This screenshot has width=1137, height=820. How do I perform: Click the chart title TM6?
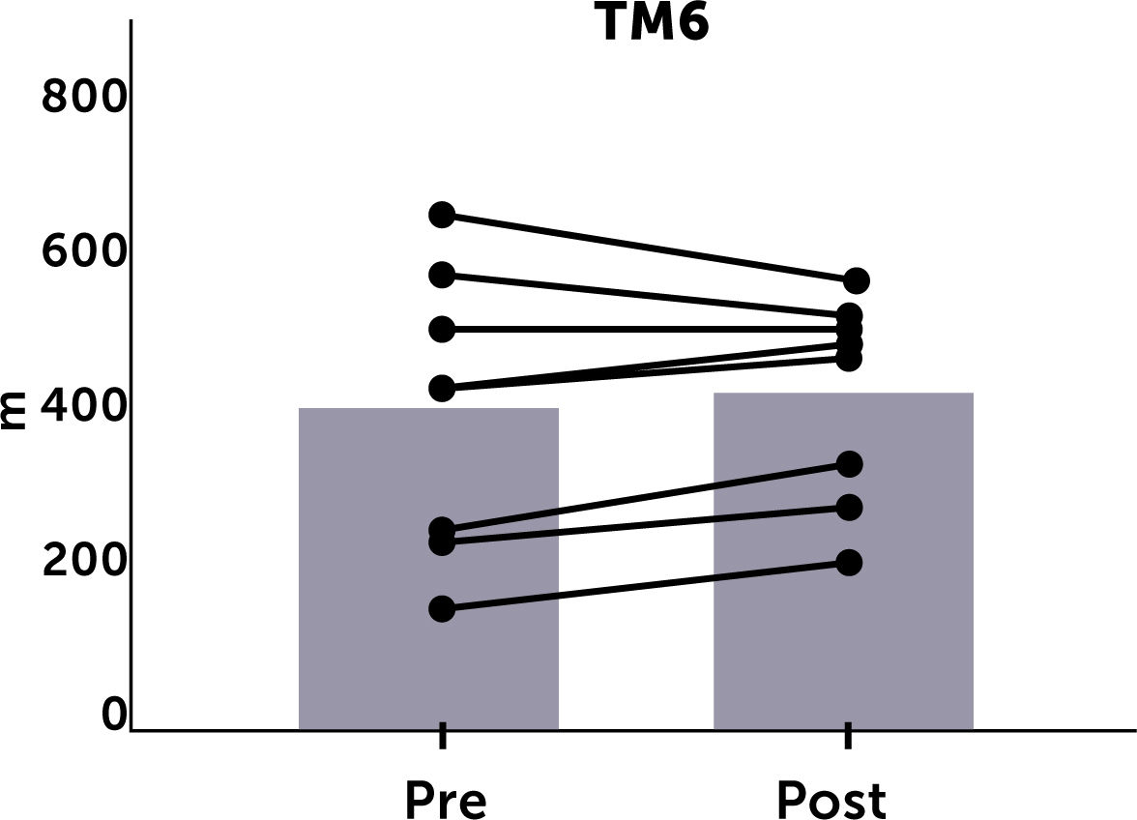(655, 24)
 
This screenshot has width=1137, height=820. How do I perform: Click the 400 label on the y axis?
(84, 406)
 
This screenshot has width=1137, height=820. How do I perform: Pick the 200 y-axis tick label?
(84, 561)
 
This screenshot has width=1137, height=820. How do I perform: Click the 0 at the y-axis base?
(114, 715)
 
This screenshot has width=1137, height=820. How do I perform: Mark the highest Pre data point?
(442, 215)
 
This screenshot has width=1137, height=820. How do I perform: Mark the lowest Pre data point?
(442, 608)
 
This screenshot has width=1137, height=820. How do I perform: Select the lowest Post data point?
(849, 563)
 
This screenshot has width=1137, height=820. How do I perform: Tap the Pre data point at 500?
(442, 330)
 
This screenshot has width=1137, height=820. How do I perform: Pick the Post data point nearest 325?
(849, 464)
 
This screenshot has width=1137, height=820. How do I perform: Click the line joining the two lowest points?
(645, 586)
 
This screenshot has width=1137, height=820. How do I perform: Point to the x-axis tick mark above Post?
(848, 736)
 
